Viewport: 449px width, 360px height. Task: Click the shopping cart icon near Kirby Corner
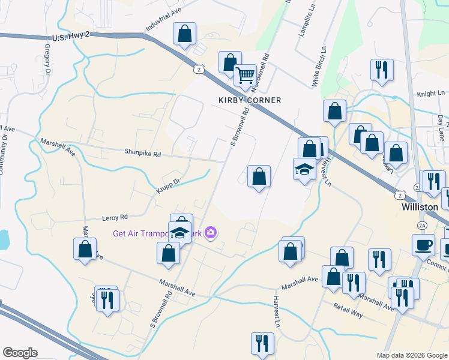(245, 76)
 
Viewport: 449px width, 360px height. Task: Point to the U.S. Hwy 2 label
(71, 37)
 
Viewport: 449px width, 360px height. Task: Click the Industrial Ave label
(163, 23)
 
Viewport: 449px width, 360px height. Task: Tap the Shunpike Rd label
(142, 154)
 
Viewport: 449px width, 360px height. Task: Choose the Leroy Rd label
(116, 217)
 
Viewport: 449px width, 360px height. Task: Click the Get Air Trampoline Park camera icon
(211, 232)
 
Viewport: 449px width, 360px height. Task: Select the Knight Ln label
(431, 94)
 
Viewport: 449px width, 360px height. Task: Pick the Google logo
(20, 353)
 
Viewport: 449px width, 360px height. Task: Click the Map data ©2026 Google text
(411, 355)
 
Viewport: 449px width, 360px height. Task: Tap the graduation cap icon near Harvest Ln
(304, 170)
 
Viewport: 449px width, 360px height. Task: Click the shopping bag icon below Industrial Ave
(185, 34)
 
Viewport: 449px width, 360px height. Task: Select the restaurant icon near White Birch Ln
(382, 70)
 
